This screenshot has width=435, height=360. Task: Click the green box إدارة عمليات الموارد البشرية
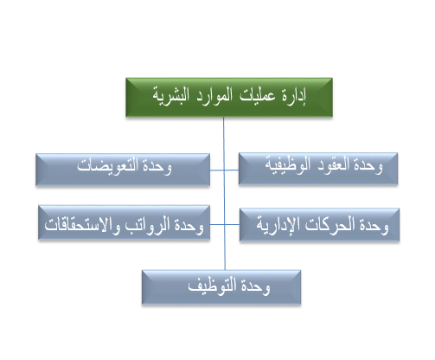(x=229, y=97)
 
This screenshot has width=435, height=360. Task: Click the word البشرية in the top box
(x=170, y=96)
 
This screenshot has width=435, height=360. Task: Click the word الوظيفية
(x=288, y=165)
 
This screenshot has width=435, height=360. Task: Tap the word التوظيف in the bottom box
(x=213, y=286)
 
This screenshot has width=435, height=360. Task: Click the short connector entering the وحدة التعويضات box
(x=217, y=170)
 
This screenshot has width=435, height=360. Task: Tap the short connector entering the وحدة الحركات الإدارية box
(x=232, y=224)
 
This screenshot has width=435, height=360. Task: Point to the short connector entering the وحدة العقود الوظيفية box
(x=232, y=170)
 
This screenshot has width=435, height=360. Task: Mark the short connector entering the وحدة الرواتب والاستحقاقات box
(x=217, y=224)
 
